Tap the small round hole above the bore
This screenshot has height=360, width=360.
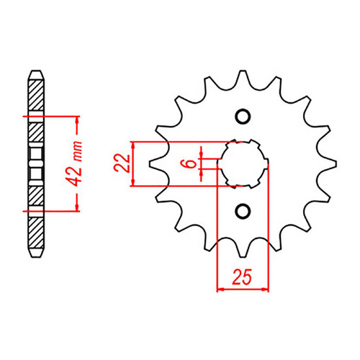[x=243, y=117]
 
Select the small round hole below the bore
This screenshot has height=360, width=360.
[x=243, y=210]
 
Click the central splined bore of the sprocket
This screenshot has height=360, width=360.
[x=243, y=163]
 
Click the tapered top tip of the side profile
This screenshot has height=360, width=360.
[x=34, y=73]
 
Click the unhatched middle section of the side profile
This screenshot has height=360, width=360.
[x=34, y=163]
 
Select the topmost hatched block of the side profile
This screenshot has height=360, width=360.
[x=34, y=94]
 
